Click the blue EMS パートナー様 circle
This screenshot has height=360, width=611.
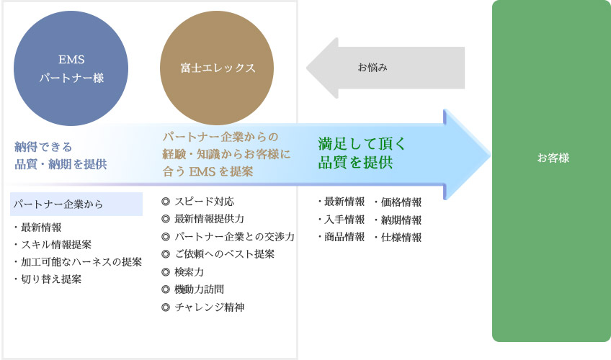point(71,68)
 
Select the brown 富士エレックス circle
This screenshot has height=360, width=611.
point(217,68)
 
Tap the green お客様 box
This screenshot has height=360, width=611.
point(551,171)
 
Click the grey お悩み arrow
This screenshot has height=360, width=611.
point(385,68)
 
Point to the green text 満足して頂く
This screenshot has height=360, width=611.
point(362,144)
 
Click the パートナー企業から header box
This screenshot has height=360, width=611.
point(76,204)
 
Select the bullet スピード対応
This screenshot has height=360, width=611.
point(197,202)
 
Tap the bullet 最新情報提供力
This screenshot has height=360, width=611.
point(202,219)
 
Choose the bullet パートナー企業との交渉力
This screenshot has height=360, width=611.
point(228,237)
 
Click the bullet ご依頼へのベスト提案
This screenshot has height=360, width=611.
point(218,254)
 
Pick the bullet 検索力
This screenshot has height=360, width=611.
point(183,272)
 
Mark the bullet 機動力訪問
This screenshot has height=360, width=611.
point(193,289)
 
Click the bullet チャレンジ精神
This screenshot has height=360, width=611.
point(203,307)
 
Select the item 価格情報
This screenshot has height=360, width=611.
point(398,202)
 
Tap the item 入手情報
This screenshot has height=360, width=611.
point(342,220)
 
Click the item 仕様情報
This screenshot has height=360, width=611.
point(398,237)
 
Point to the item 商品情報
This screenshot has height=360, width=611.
point(342,237)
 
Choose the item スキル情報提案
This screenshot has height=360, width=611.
point(53,244)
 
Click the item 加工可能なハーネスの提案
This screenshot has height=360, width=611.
point(78,261)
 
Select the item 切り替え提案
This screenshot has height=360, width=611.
point(48,279)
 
